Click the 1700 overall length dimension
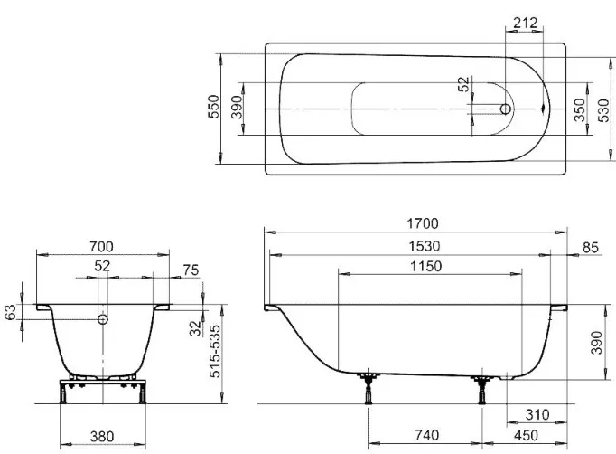423,223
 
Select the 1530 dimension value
425,246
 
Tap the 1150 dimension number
426,267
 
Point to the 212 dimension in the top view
526,23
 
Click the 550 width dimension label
214,106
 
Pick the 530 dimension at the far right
603,110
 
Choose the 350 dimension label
580,110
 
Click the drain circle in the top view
506,109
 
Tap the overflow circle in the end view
103,319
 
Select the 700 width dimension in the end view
101,247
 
